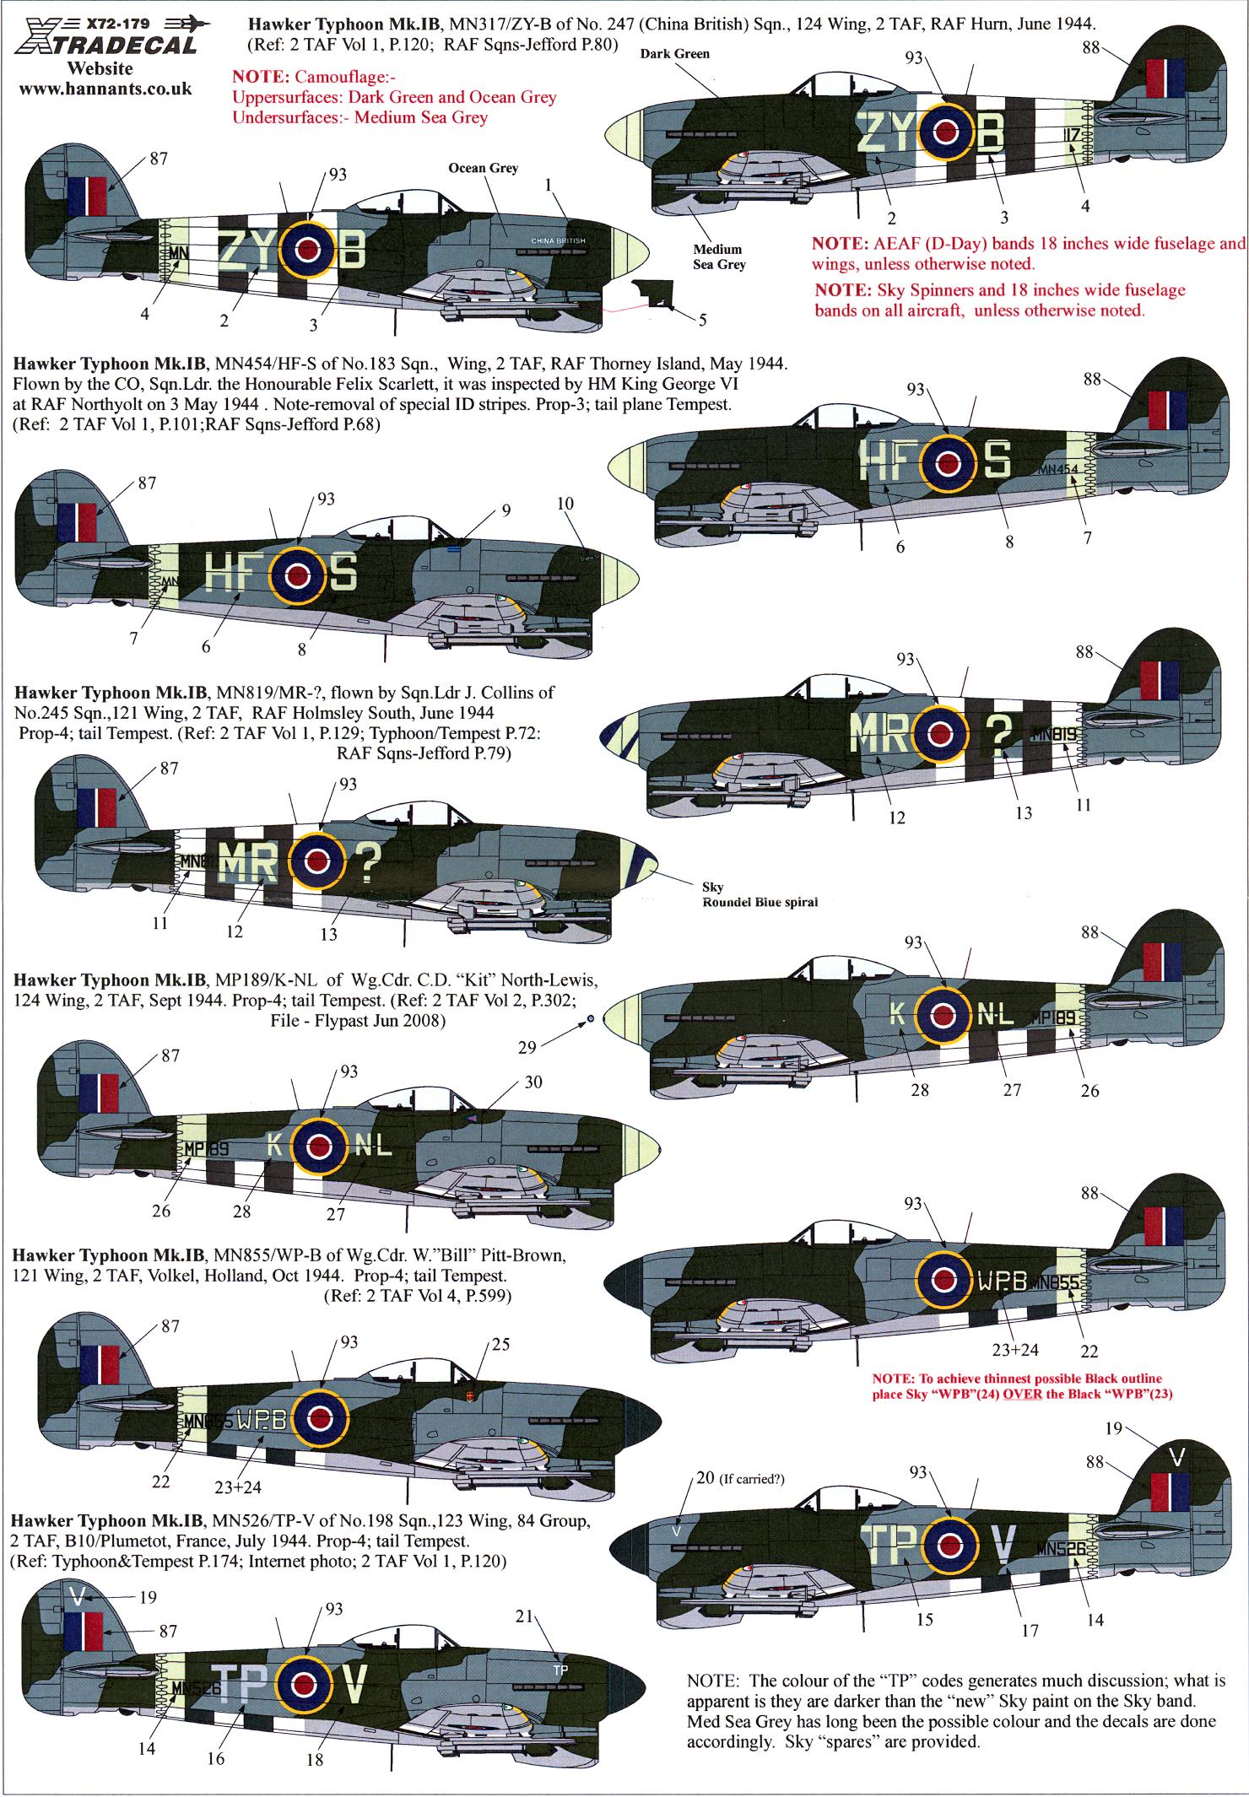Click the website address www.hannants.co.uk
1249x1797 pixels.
[105, 88]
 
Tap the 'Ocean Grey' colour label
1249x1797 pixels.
[484, 168]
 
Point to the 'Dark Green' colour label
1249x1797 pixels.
[674, 53]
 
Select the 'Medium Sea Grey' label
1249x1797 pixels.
[718, 256]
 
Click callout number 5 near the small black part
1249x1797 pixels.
[702, 320]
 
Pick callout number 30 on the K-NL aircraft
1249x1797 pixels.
[533, 1082]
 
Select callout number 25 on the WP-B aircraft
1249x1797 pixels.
[500, 1344]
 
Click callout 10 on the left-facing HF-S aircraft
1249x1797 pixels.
[565, 504]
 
